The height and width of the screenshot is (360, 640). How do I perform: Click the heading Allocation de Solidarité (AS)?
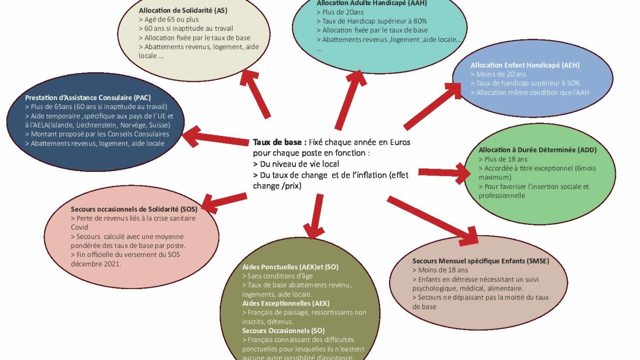(x=180, y=10)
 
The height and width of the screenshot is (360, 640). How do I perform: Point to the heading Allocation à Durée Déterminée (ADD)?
(x=537, y=150)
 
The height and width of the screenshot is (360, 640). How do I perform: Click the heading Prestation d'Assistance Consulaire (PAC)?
(x=88, y=97)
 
